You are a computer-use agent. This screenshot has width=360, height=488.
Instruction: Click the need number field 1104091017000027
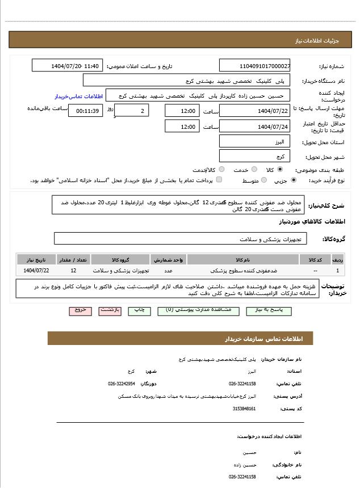[254, 66]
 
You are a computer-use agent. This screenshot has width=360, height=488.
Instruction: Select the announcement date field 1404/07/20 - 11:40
[68, 66]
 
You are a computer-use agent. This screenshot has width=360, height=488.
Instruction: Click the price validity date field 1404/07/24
[254, 127]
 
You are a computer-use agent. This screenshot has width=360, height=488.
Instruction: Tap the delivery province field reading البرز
[254, 142]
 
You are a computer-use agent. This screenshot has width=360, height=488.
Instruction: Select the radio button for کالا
[280, 169]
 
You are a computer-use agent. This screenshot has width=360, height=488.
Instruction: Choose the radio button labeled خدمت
[254, 169]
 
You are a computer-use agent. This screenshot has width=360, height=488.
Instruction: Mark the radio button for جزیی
[293, 180]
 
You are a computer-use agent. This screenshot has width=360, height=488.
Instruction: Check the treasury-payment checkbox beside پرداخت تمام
[219, 180]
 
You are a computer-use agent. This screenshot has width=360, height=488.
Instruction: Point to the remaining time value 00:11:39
[85, 111]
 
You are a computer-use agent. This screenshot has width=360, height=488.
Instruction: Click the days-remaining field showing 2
[132, 111]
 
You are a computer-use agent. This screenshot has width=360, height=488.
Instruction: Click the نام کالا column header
[242, 260]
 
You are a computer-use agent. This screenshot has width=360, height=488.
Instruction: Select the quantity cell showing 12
[73, 271]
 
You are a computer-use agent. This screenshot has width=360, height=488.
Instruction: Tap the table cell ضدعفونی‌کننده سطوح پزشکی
[242, 271]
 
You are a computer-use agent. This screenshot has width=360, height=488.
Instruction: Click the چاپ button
[139, 310]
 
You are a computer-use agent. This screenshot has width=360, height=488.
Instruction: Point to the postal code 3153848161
[244, 409]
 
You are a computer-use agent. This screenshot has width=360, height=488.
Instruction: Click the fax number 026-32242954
[122, 384]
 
